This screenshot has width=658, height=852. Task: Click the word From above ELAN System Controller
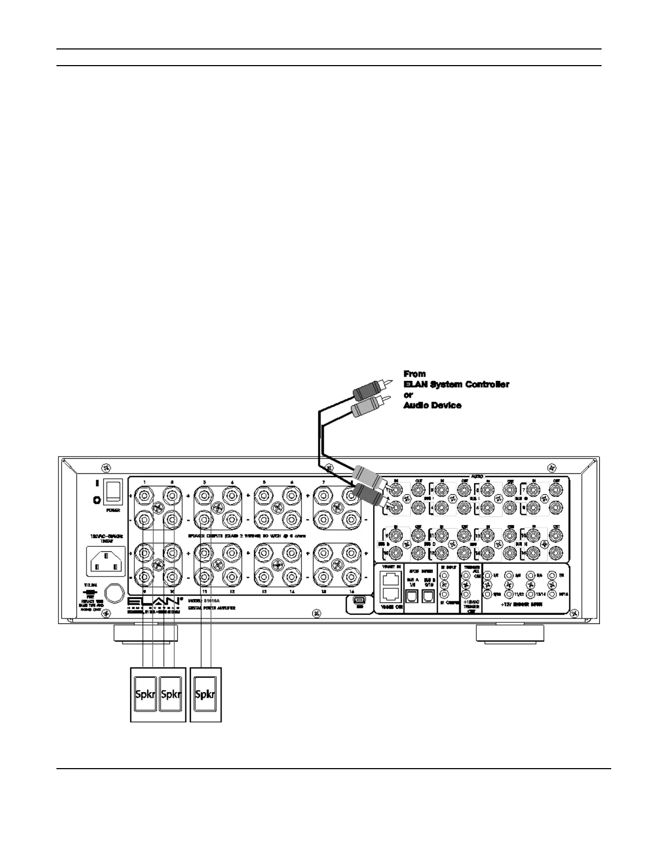click(414, 373)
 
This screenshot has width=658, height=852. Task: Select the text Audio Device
click(432, 405)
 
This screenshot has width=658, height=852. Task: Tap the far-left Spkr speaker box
click(145, 694)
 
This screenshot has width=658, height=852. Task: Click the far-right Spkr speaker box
click(205, 694)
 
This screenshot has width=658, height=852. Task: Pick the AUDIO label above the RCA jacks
click(476, 476)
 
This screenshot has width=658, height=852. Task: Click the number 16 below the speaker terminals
click(352, 591)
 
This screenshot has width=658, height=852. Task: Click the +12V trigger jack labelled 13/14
click(531, 594)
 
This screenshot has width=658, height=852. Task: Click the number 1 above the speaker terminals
click(145, 481)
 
